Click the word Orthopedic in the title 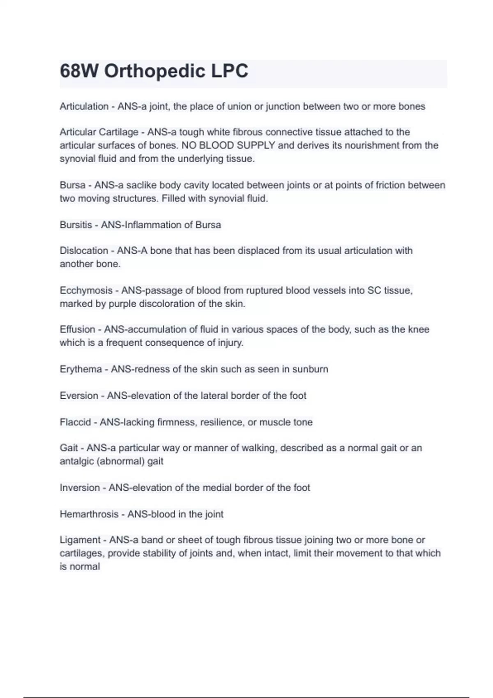tap(154, 71)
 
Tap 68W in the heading tap(79, 71)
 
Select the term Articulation tap(84, 106)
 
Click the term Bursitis tap(76, 225)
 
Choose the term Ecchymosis tap(86, 291)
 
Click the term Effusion tap(77, 329)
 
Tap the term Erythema tap(81, 369)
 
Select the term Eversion tap(79, 396)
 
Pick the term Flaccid tap(75, 422)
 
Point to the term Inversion tap(80, 488)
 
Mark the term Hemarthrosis tap(89, 514)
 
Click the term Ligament tap(80, 540)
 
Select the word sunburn tap(310, 369)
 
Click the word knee tap(419, 329)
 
